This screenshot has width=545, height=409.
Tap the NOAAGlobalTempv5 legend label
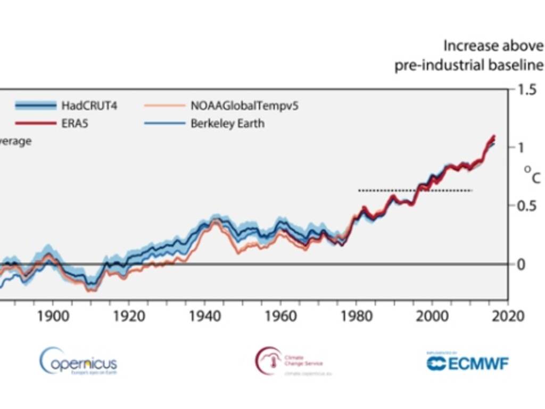click(244, 105)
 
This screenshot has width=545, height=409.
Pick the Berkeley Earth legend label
click(227, 123)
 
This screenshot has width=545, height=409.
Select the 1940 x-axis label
click(205, 315)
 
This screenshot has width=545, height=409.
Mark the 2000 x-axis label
click(433, 315)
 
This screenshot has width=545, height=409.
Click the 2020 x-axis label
click(509, 315)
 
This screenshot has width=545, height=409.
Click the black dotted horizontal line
click(415, 190)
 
